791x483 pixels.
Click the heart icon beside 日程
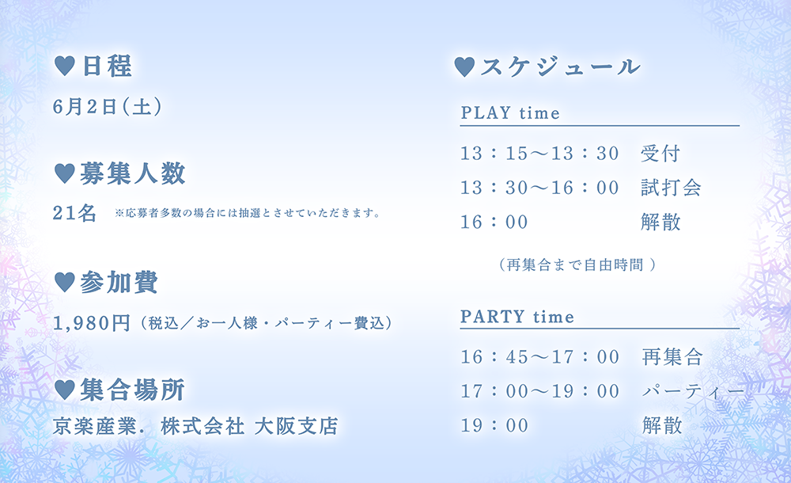point(64,67)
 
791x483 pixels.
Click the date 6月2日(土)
point(107,107)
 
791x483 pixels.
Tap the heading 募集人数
point(133,173)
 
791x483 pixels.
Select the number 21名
point(74,213)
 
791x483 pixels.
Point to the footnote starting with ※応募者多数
point(247,213)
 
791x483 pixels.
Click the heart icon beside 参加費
point(64,282)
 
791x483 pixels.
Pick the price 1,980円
point(91,323)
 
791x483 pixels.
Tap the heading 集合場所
point(132,390)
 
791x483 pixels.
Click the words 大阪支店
point(296,426)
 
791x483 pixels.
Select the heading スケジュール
point(561,67)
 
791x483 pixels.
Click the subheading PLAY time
point(510,112)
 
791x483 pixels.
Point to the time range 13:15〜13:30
point(539,153)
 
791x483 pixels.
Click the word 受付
point(660,153)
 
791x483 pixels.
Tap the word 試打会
point(671,188)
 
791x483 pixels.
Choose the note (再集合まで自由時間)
point(577,264)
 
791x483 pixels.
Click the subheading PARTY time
point(517,317)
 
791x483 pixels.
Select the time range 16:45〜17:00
point(539,357)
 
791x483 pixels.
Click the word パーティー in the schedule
point(693,391)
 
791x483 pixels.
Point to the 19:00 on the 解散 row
point(494,425)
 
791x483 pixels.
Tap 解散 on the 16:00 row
point(660,222)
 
